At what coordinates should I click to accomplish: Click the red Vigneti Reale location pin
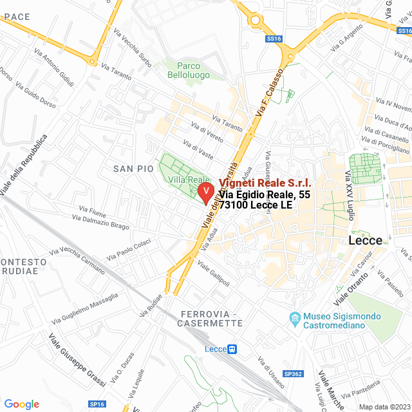click(205, 192)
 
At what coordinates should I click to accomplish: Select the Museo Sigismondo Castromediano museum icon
click(295, 318)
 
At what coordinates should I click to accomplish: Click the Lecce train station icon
click(232, 349)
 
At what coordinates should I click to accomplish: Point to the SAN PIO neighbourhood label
click(133, 169)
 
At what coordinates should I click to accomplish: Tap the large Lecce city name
click(365, 240)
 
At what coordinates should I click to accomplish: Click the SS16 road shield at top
click(274, 39)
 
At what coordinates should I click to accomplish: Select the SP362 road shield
click(292, 374)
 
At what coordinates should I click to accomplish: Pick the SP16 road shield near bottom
click(97, 404)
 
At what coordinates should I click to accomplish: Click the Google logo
click(21, 404)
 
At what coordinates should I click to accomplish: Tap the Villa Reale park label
click(189, 180)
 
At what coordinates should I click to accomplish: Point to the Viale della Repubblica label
click(24, 165)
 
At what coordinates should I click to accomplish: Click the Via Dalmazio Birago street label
click(100, 223)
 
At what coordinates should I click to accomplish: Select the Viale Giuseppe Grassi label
click(77, 360)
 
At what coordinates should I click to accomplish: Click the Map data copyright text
click(384, 406)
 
